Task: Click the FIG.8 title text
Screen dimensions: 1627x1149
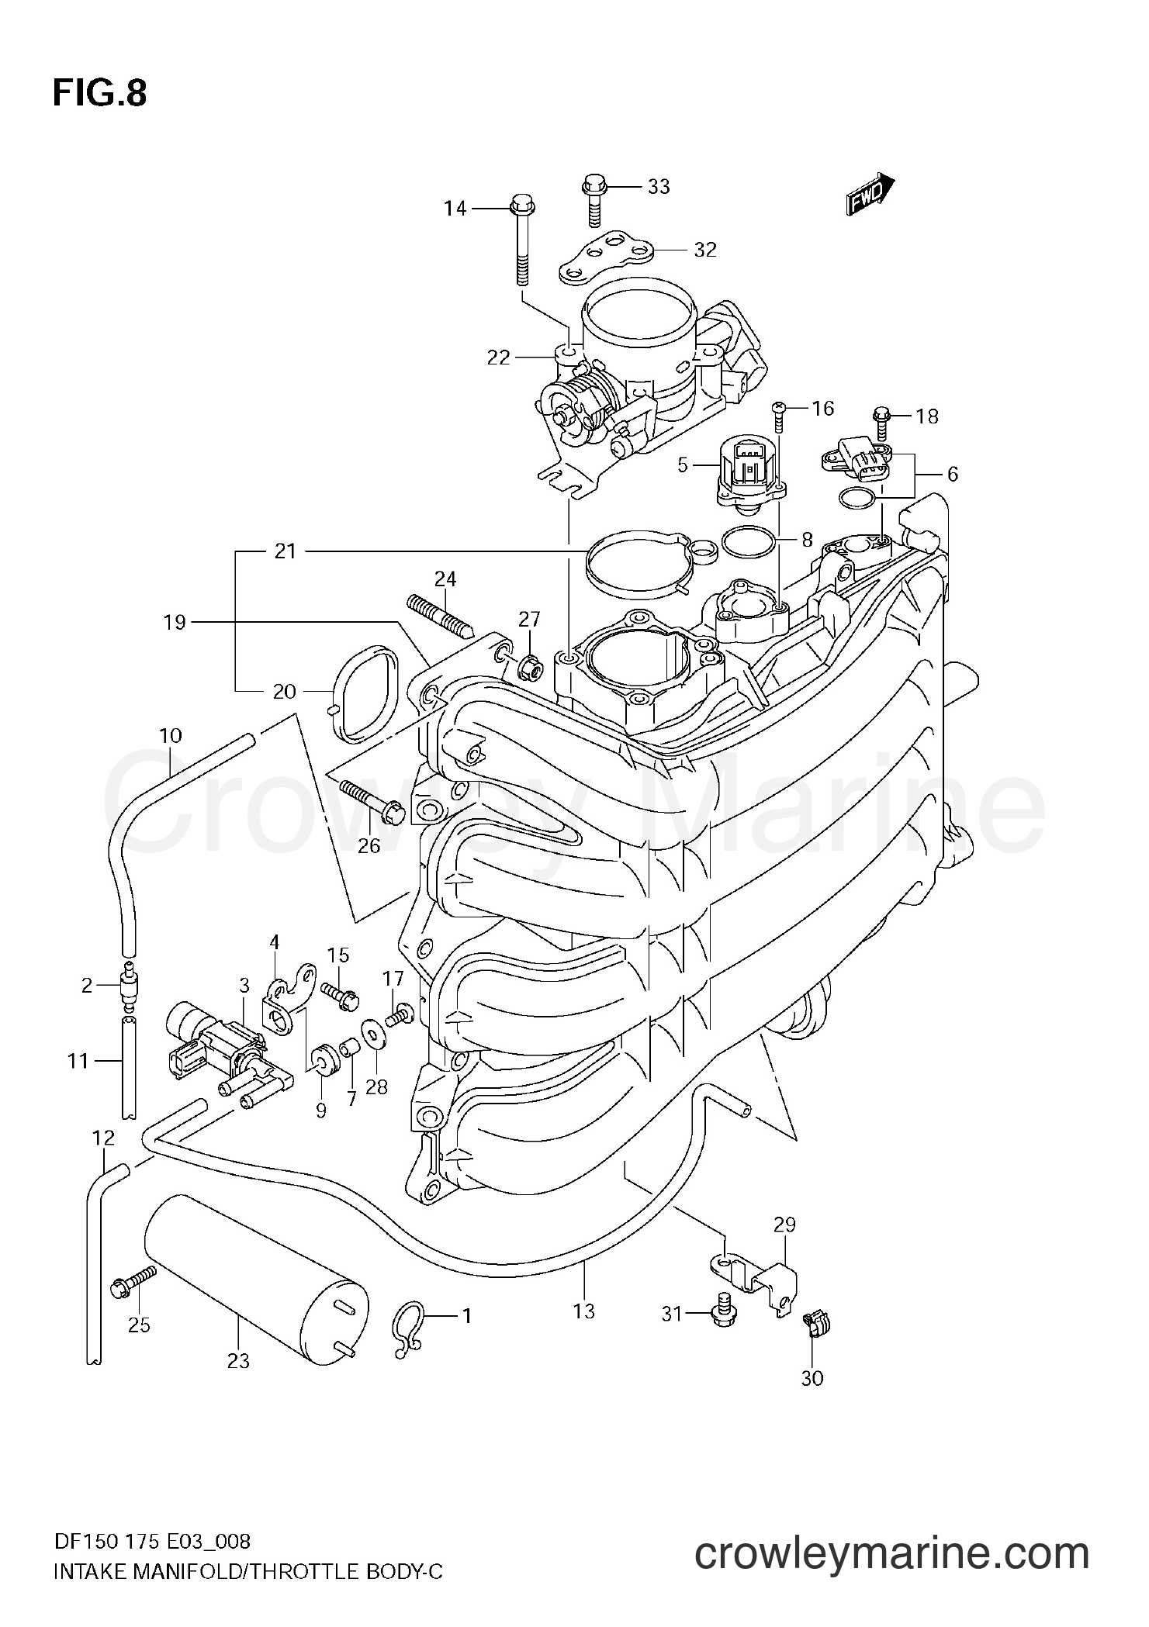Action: pyautogui.click(x=99, y=94)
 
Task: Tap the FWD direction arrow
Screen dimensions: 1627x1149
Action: pyautogui.click(x=870, y=195)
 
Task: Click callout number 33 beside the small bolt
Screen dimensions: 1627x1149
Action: pyautogui.click(x=658, y=187)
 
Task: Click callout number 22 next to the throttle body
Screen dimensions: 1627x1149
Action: pyautogui.click(x=498, y=358)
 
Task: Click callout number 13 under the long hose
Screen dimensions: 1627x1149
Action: pyautogui.click(x=583, y=1311)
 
